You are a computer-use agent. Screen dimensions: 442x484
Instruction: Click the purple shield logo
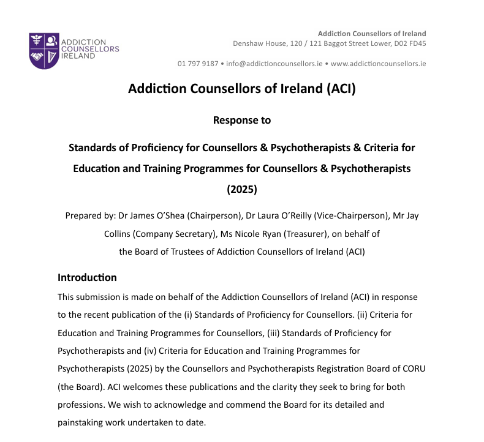tap(44, 50)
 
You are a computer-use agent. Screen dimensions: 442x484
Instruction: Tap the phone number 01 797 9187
tap(198, 64)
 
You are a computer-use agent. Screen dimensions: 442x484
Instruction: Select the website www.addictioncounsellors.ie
tap(378, 64)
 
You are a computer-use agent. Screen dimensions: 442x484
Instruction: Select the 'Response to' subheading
tap(241, 120)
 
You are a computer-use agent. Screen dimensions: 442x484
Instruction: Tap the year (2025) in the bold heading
tap(241, 189)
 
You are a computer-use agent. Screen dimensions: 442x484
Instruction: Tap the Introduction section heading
tap(87, 277)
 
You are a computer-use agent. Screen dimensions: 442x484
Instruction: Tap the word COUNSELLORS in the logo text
tap(92, 49)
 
